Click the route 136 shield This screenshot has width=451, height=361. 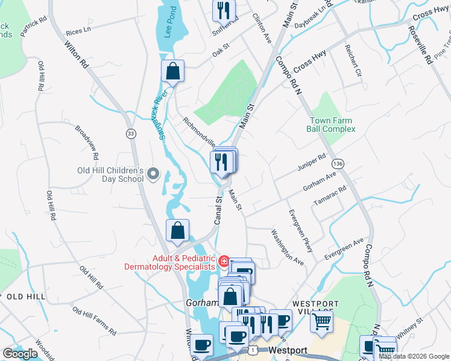[x=339, y=164]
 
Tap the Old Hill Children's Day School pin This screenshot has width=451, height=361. [x=153, y=174]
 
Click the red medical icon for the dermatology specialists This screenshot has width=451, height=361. [x=224, y=261]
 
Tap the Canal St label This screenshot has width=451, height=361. [x=219, y=208]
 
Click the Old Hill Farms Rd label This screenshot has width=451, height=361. [x=94, y=321]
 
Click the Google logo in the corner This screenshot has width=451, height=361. [x=20, y=354]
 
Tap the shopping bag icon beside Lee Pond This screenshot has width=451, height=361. [x=172, y=71]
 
